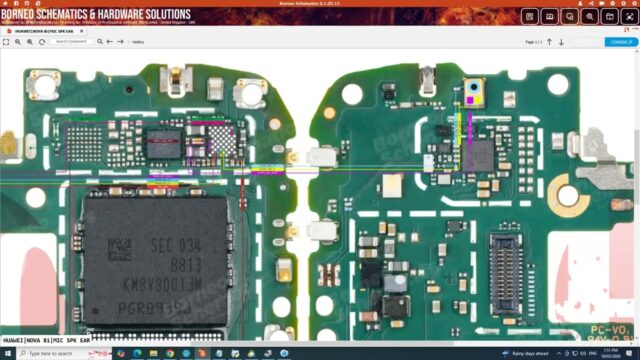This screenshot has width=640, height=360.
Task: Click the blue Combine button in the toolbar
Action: [619, 42]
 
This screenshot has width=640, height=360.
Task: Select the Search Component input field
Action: [73, 42]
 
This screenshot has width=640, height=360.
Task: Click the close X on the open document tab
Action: [82, 30]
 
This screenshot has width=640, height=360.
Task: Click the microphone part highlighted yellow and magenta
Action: [471, 96]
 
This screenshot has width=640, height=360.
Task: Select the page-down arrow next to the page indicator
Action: [562, 42]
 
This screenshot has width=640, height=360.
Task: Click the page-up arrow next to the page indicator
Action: [549, 42]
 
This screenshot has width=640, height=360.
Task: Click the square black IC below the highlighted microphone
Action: [480, 155]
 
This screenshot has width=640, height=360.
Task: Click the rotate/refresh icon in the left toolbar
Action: [42, 42]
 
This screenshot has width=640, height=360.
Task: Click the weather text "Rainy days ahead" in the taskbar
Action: [530, 353]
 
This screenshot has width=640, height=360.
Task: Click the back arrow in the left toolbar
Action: [110, 42]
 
